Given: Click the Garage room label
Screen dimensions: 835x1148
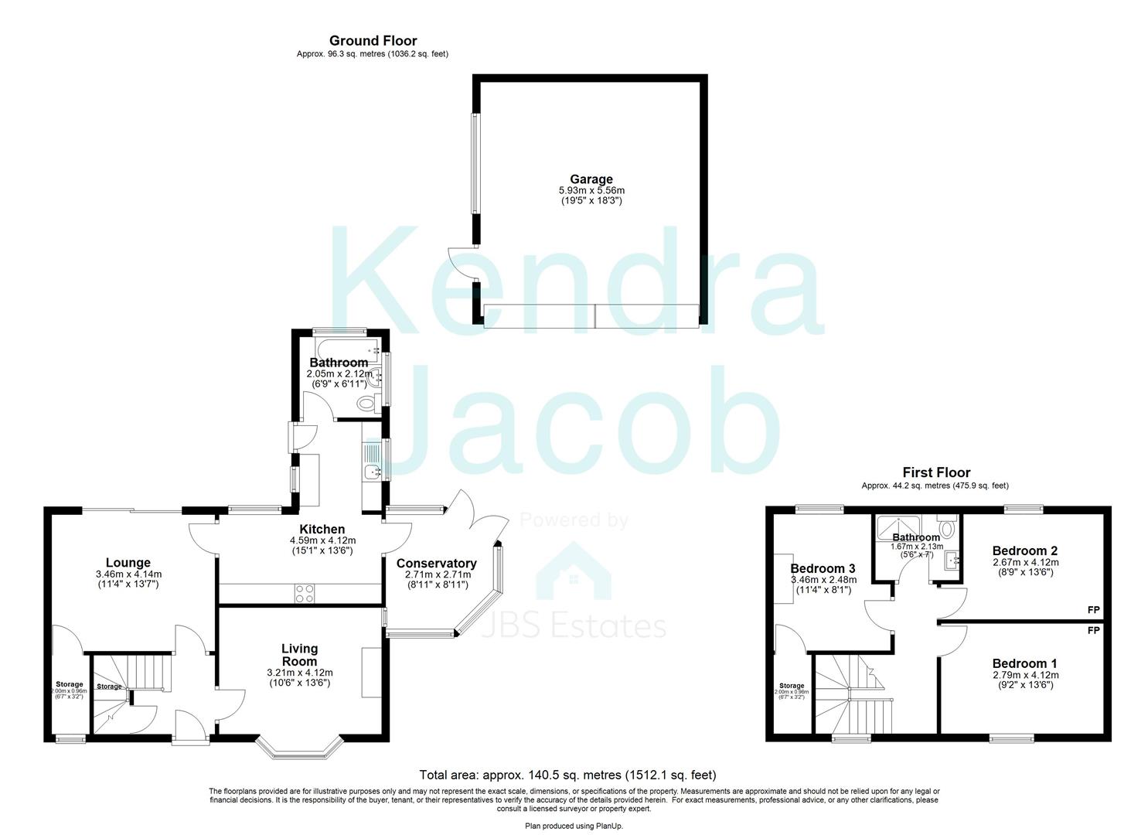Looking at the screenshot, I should [591, 179].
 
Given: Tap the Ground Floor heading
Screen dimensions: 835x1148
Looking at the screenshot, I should [373, 41].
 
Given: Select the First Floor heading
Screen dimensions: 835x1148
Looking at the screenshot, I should [935, 472].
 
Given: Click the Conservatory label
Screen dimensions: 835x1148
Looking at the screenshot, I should [436, 563].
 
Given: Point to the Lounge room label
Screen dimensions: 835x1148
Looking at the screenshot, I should [128, 562].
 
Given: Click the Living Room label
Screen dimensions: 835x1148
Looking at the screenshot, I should [299, 655].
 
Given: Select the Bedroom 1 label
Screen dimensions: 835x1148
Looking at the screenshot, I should [1024, 663].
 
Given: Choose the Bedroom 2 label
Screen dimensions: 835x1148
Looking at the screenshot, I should [1024, 550].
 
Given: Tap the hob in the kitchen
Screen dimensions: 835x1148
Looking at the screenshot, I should [304, 594].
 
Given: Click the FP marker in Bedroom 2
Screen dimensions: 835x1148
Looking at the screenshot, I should [1093, 610].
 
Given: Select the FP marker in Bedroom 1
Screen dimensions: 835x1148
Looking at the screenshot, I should [1093, 631].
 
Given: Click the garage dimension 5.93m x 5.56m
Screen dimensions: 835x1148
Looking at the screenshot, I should [591, 190].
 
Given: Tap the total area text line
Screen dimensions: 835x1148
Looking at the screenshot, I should [567, 775].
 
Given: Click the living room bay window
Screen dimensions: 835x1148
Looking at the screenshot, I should [299, 747].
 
